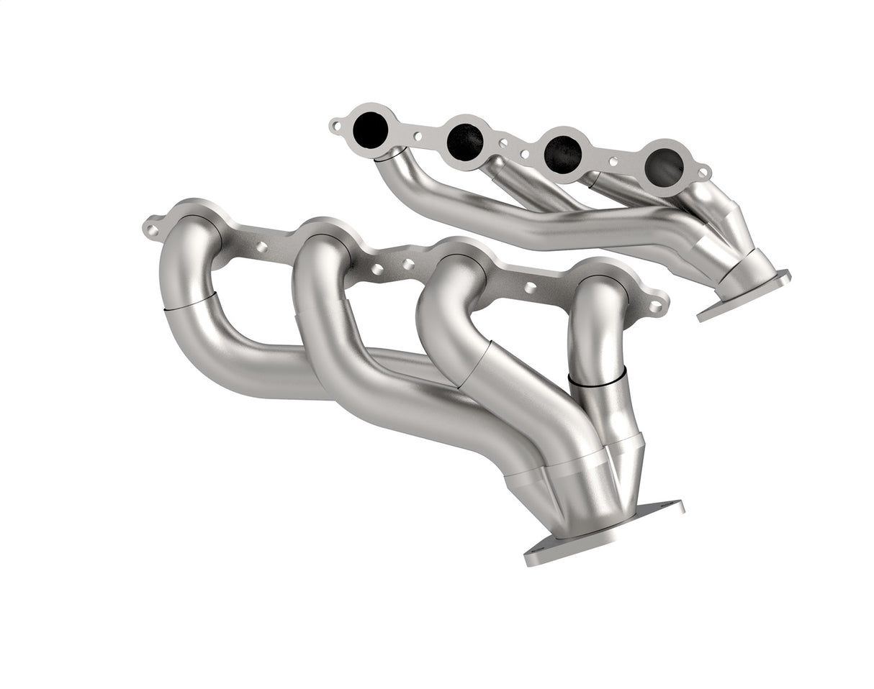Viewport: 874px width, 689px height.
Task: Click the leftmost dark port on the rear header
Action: click(371, 129)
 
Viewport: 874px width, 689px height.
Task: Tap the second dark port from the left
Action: click(464, 142)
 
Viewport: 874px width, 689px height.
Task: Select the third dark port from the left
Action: click(562, 154)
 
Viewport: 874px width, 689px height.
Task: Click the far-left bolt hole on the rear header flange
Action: click(335, 127)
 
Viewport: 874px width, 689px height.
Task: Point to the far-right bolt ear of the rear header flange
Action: click(703, 173)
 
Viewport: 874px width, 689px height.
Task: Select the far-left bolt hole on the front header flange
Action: click(152, 230)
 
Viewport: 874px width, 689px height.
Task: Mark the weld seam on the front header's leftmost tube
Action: click(190, 301)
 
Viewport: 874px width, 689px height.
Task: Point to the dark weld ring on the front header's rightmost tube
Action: click(597, 379)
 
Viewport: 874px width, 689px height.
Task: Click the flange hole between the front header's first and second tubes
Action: click(261, 247)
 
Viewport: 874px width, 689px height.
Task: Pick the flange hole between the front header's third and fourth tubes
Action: click(530, 288)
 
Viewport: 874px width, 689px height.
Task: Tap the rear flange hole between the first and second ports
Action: click(418, 135)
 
